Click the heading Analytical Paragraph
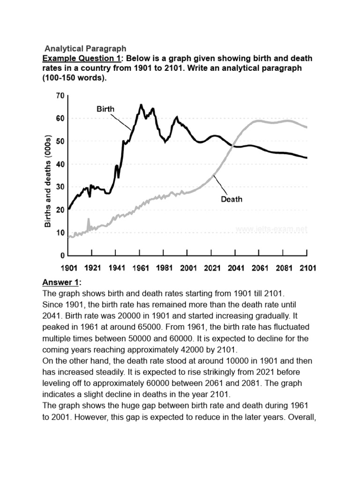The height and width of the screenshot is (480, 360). pos(85,49)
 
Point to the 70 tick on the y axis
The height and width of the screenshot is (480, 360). pos(60,96)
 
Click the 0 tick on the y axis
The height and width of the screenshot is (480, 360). pos(62,256)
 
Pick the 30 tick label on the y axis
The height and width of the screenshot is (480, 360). pos(60,187)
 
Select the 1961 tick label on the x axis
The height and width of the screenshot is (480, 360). pos(141,268)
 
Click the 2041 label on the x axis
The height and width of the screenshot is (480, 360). pos(236,268)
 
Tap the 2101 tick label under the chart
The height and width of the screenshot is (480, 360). pos(307,268)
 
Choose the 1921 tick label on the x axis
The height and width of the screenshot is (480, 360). pos(93,268)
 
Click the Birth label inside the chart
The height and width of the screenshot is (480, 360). pos(105,109)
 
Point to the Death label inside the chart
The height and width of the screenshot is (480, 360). pos(232,199)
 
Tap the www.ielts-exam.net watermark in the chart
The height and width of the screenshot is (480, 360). pos(271,229)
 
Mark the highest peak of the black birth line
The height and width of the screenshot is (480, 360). pos(141,105)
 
